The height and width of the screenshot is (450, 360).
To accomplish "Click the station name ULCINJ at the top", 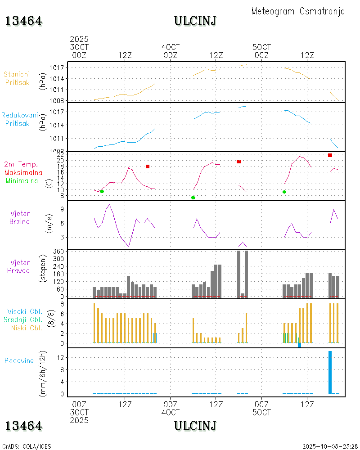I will (195, 21).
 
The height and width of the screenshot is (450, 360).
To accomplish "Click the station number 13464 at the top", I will (24, 21).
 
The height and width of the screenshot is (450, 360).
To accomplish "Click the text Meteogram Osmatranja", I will (298, 11).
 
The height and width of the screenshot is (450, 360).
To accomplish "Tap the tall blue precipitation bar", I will (330, 372).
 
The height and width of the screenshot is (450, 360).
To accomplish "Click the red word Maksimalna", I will (23, 172).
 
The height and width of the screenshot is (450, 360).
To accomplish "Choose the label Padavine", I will (19, 360).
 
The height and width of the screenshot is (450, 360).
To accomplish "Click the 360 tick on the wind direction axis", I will (59, 251).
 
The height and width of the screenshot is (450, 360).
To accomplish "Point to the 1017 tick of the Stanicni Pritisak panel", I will (59, 67).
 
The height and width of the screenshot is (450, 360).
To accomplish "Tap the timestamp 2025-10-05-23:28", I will (329, 446).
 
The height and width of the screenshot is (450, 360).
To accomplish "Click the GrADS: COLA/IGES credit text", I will (27, 446).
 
